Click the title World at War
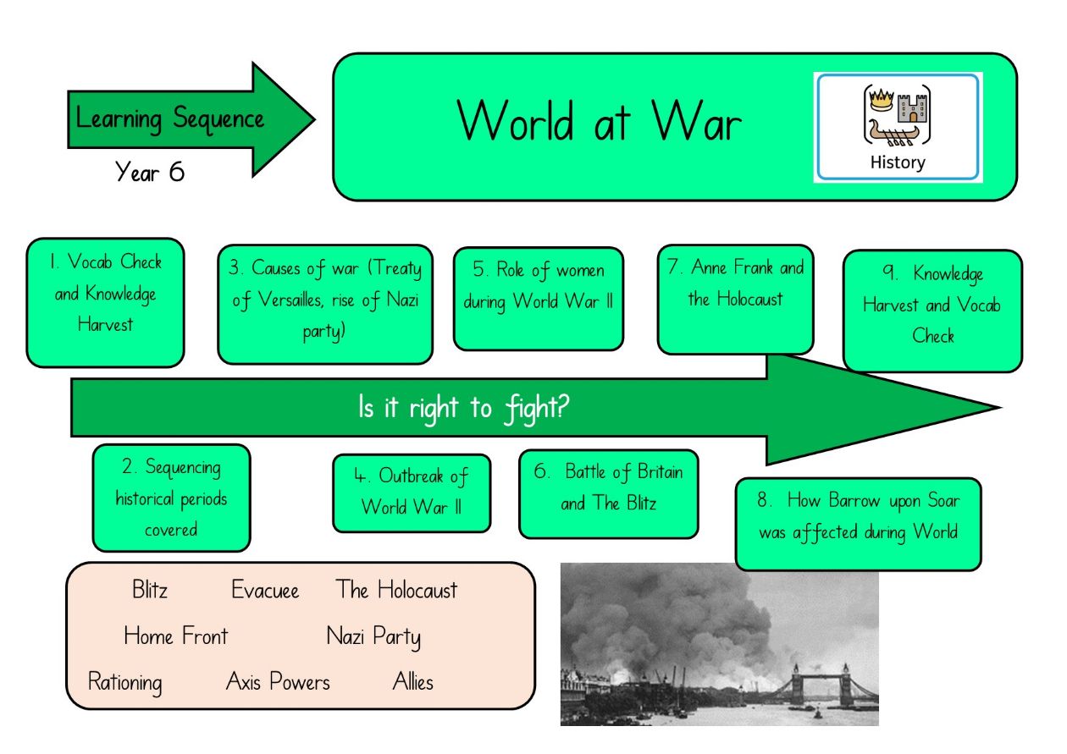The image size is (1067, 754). pos(600,120)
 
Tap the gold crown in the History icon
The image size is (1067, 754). pos(882,100)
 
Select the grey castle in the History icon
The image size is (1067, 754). pos(912,108)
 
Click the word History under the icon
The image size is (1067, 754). pos(898,162)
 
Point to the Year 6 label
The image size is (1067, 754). pos(150,171)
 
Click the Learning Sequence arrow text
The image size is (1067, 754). pos(170,119)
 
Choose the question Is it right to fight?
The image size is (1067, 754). pos(464,408)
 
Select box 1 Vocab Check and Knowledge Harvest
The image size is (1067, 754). pos(105,302)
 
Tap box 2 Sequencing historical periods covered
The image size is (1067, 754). pos(171,498)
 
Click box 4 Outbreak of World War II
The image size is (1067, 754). pos(412,493)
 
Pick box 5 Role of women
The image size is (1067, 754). pos(539,299)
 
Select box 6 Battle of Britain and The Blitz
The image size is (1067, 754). pos(609,493)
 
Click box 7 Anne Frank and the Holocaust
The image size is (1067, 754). pos(735,300)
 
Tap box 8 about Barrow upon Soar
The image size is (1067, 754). pos(859,524)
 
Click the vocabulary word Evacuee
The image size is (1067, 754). pos(265,590)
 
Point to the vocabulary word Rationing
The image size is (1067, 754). pos(125,682)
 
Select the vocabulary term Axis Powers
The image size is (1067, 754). pos(278,681)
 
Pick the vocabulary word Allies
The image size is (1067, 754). pos(413,681)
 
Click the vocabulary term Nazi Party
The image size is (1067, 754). pos(374,636)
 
